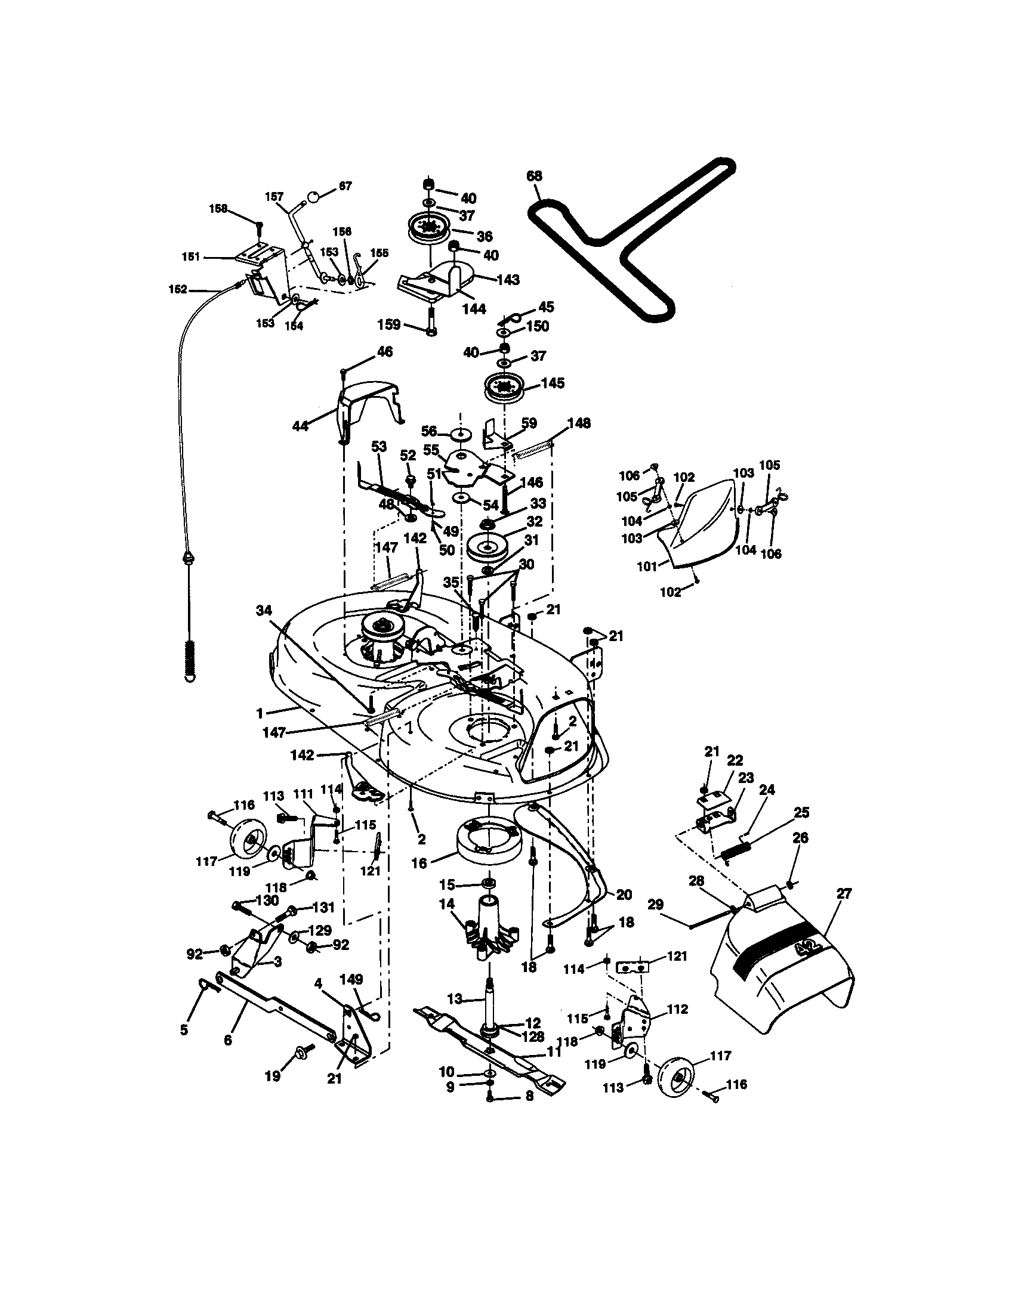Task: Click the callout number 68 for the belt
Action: (533, 176)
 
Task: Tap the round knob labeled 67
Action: (313, 196)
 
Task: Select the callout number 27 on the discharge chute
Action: (844, 893)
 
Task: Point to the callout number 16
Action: (419, 864)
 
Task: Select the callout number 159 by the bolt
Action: (389, 324)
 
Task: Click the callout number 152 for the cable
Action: (178, 290)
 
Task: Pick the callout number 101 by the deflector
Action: (647, 566)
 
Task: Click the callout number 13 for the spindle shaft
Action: (455, 999)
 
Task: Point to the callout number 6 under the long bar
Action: (228, 1040)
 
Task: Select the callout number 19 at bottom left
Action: (273, 1076)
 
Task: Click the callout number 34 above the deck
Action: (263, 611)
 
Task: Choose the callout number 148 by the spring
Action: (579, 423)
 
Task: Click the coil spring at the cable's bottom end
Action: (190, 658)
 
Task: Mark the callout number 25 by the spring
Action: (801, 812)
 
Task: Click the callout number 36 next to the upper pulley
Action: (485, 236)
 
